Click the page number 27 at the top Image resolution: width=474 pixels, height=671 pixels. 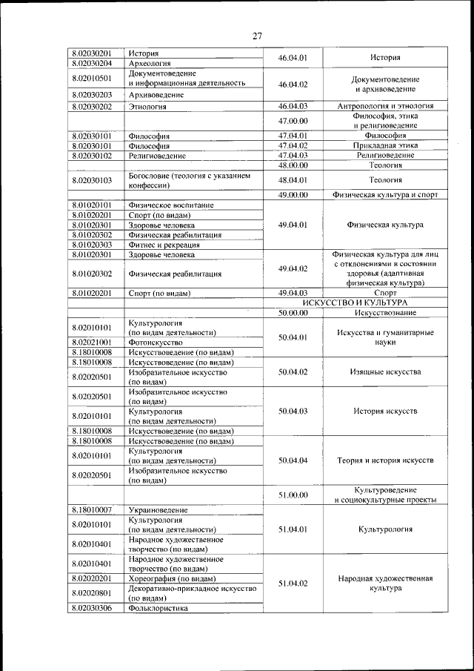(257, 35)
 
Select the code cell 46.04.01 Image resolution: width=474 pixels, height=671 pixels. (293, 58)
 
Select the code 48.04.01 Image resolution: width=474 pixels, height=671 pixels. (293, 179)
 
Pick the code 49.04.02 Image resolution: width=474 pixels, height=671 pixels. (293, 268)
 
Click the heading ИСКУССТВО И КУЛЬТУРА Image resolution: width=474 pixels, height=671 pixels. (361, 303)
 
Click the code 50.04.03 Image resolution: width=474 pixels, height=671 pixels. (293, 411)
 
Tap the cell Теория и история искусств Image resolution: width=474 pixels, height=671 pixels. (385, 460)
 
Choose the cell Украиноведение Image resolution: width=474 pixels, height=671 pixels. (158, 510)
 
